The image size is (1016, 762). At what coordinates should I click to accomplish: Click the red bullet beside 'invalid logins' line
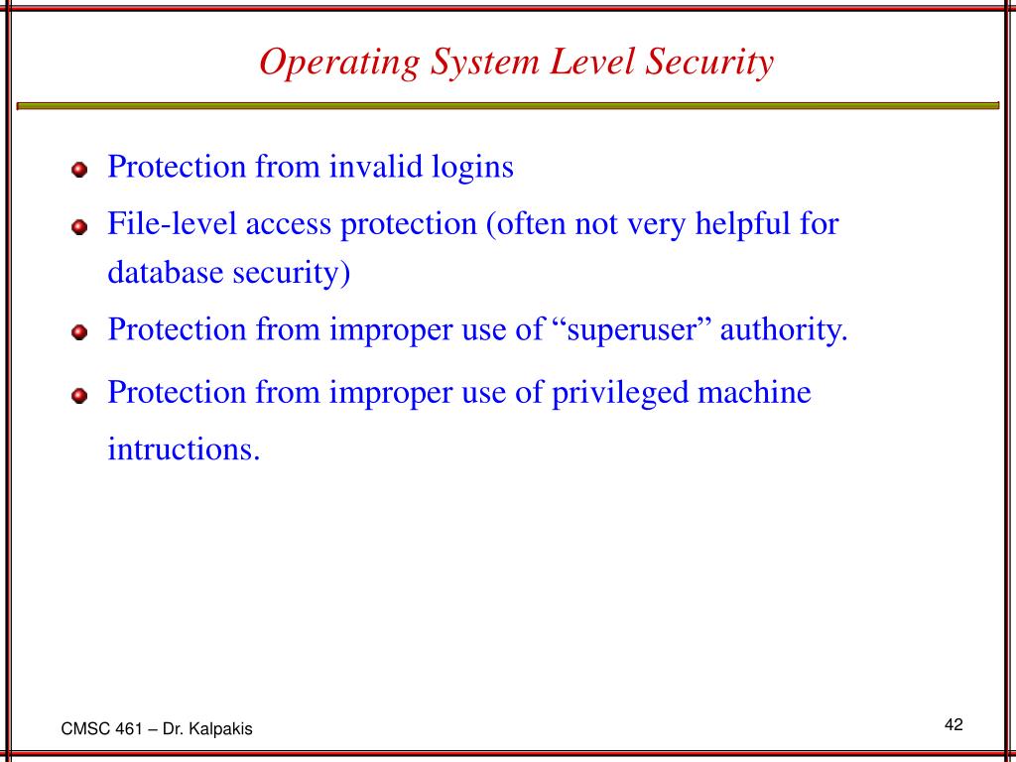pyautogui.click(x=79, y=171)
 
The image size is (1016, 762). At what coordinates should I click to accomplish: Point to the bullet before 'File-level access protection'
pyautogui.click(x=79, y=227)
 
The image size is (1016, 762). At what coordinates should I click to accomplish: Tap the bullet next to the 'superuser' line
pyautogui.click(x=79, y=332)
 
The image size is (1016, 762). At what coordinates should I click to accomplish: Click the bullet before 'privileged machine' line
pyautogui.click(x=79, y=397)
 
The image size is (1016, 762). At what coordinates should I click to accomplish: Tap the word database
pyautogui.click(x=166, y=274)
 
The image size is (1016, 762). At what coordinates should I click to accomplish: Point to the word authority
pyautogui.click(x=784, y=328)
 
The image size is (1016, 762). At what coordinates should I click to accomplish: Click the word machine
pyautogui.click(x=755, y=393)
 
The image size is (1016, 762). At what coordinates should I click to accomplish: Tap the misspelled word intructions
pyautogui.click(x=184, y=449)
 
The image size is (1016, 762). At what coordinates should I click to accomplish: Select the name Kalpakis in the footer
pyautogui.click(x=223, y=729)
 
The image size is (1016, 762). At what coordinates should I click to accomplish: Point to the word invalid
pyautogui.click(x=364, y=167)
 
